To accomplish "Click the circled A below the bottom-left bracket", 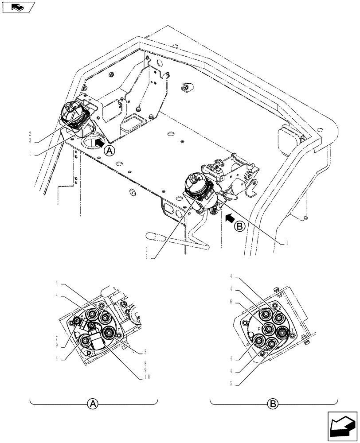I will click(x=93, y=404).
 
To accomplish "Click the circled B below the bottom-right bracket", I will click(x=273, y=404).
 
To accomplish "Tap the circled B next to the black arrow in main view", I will click(x=239, y=226).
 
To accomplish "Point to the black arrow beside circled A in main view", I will click(x=99, y=143).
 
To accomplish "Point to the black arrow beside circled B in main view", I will click(x=229, y=218).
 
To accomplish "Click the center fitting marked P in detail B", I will click(x=269, y=329).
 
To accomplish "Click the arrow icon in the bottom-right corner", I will click(x=342, y=426).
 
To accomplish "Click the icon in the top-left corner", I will click(x=18, y=7).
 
